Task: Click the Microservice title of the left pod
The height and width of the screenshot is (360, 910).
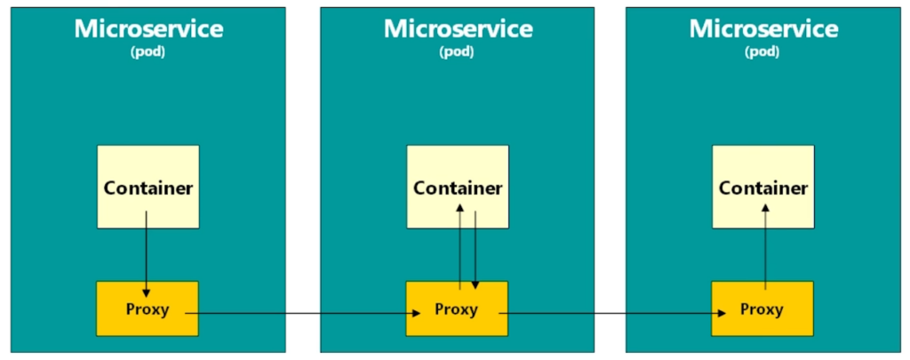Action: pyautogui.click(x=148, y=28)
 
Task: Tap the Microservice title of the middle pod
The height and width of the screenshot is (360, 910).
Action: pyautogui.click(x=458, y=28)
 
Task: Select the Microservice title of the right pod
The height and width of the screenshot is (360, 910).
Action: pyautogui.click(x=763, y=28)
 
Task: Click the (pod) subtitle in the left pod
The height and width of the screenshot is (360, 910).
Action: pyautogui.click(x=148, y=52)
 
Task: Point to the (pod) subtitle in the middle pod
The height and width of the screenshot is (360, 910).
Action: pyautogui.click(x=458, y=52)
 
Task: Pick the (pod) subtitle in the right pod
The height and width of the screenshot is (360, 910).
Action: pyautogui.click(x=762, y=52)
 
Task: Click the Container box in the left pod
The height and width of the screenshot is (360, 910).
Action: pyautogui.click(x=148, y=187)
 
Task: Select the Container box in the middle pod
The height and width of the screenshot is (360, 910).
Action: pyautogui.click(x=458, y=187)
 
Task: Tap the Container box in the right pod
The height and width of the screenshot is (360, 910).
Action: pyautogui.click(x=763, y=187)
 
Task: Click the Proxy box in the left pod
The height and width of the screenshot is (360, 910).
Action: pyautogui.click(x=148, y=308)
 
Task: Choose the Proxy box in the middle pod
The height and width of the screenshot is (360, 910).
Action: pyautogui.click(x=457, y=308)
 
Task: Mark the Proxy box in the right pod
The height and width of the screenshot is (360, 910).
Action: pyautogui.click(x=762, y=308)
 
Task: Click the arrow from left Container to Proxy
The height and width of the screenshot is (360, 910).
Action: pyautogui.click(x=147, y=253)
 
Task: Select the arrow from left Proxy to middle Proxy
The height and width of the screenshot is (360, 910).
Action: pyautogui.click(x=302, y=314)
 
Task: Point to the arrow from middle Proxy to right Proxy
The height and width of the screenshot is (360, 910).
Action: pyautogui.click(x=612, y=314)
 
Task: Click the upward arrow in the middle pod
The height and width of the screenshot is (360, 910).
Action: pyautogui.click(x=459, y=246)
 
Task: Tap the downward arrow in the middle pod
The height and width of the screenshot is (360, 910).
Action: pyautogui.click(x=475, y=250)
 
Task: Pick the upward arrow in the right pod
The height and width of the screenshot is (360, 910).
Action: pyautogui.click(x=765, y=246)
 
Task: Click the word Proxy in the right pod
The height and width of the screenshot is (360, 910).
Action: pyautogui.click(x=762, y=309)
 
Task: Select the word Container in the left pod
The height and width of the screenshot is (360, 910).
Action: pyautogui.click(x=148, y=188)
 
